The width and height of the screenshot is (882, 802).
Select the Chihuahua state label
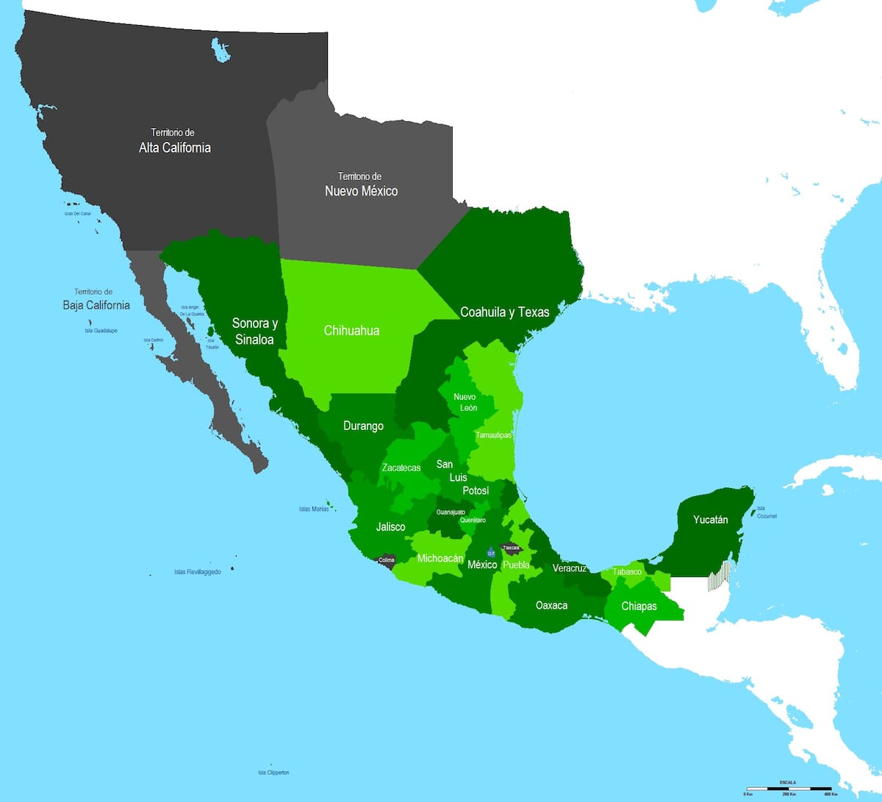click(351, 331)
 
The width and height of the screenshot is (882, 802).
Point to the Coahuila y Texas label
click(504, 312)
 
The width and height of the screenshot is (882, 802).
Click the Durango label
click(363, 426)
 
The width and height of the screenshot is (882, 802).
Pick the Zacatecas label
click(401, 468)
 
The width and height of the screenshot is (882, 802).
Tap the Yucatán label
click(710, 520)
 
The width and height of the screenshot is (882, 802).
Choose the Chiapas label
click(639, 606)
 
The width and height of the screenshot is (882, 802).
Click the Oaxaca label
click(551, 606)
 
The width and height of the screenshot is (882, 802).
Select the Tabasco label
click(627, 572)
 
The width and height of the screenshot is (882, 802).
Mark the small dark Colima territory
click(386, 561)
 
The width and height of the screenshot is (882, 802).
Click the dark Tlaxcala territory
click(511, 548)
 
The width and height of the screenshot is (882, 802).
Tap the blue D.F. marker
click(490, 553)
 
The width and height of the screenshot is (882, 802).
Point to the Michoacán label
click(440, 559)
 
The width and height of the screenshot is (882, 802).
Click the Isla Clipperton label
click(273, 773)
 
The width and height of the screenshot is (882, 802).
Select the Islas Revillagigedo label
click(197, 572)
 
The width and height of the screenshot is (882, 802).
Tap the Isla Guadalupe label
click(101, 331)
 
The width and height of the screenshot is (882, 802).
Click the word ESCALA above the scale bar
click(787, 782)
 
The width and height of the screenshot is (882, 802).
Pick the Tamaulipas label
click(493, 435)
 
